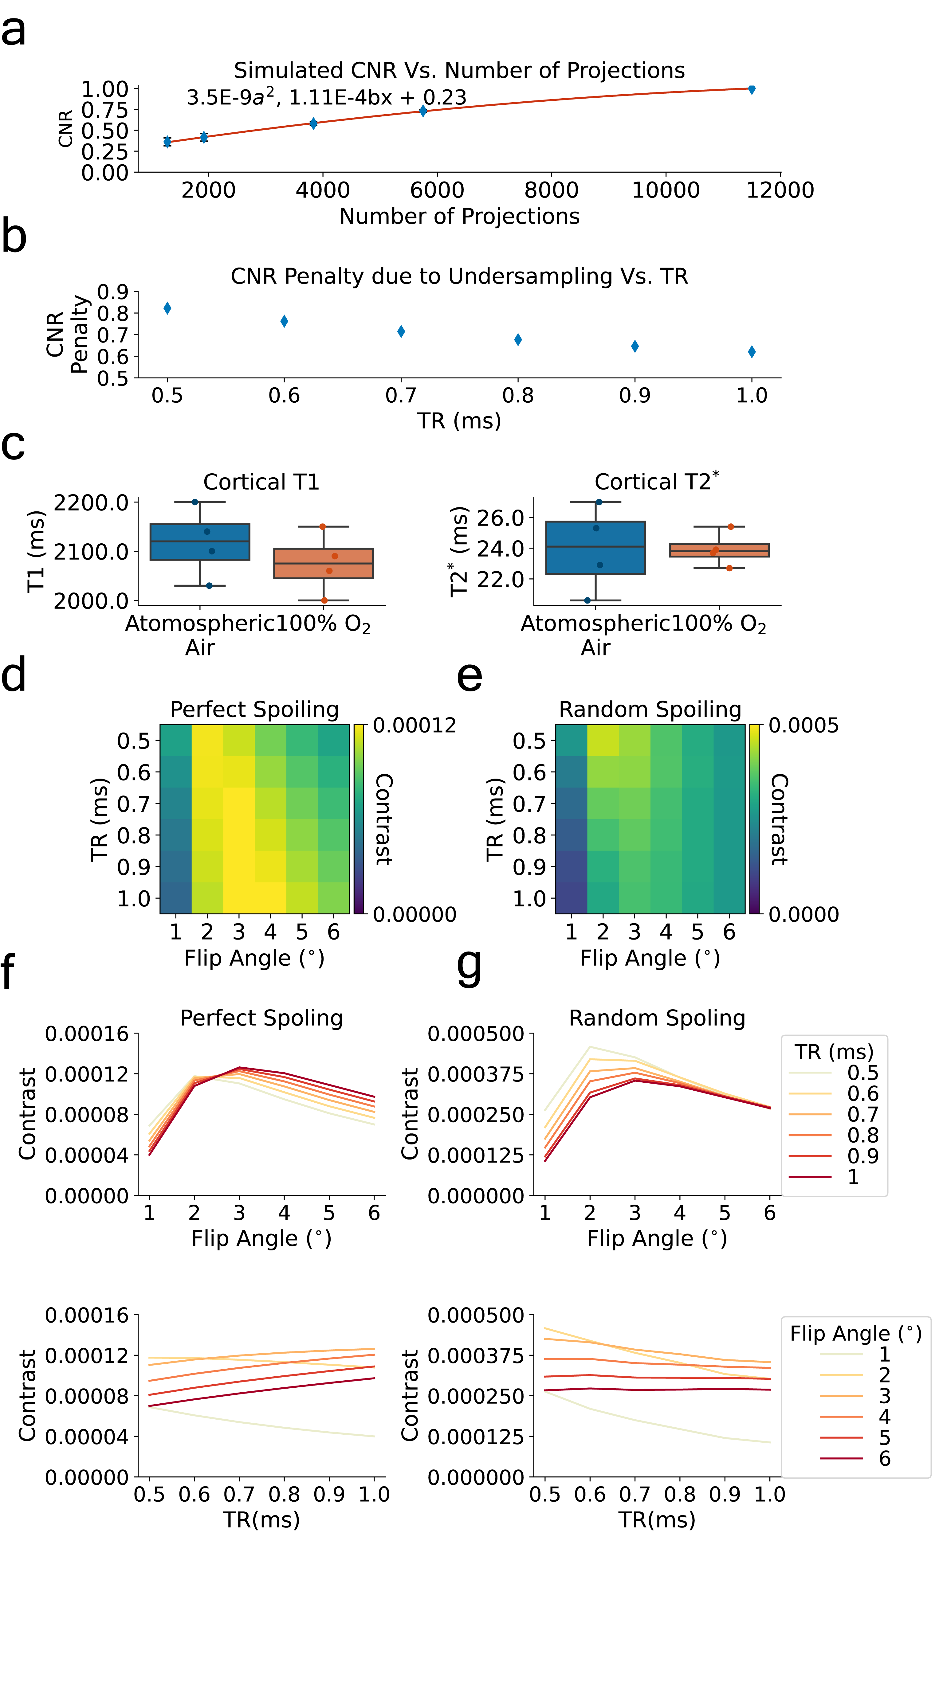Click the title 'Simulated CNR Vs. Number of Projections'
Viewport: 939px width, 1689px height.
(x=459, y=70)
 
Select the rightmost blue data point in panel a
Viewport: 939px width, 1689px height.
(x=752, y=89)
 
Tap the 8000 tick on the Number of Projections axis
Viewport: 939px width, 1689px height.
(x=551, y=190)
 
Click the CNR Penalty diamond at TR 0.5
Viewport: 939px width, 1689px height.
(x=167, y=308)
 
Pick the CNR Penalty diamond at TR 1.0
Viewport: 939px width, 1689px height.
(x=752, y=352)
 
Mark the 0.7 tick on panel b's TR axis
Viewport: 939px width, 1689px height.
(x=401, y=395)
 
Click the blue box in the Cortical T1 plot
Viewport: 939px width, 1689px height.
(x=200, y=541)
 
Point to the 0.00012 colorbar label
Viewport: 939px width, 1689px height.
(x=414, y=725)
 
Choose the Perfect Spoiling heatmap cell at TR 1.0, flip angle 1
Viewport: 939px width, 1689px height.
(x=176, y=897)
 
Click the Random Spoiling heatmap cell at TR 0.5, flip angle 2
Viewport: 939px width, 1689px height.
(x=603, y=740)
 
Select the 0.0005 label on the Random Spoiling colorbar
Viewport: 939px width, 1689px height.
(x=803, y=725)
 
